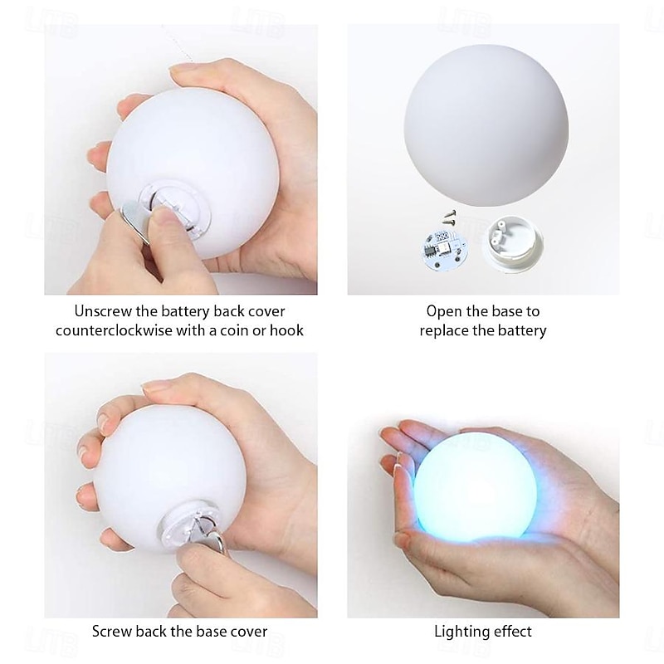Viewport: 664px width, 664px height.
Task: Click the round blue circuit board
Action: point(442,250)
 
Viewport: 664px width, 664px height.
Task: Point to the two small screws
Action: point(449,217)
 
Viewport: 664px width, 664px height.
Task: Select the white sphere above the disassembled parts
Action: point(486,126)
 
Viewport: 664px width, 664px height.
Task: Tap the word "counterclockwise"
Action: point(114,330)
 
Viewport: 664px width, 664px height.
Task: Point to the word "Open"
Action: point(444,312)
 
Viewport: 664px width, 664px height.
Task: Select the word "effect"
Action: point(511,632)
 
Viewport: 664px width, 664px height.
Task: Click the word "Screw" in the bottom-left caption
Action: point(112,632)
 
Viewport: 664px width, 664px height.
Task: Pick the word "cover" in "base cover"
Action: point(247,632)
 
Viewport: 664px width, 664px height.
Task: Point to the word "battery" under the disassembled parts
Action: point(522,331)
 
